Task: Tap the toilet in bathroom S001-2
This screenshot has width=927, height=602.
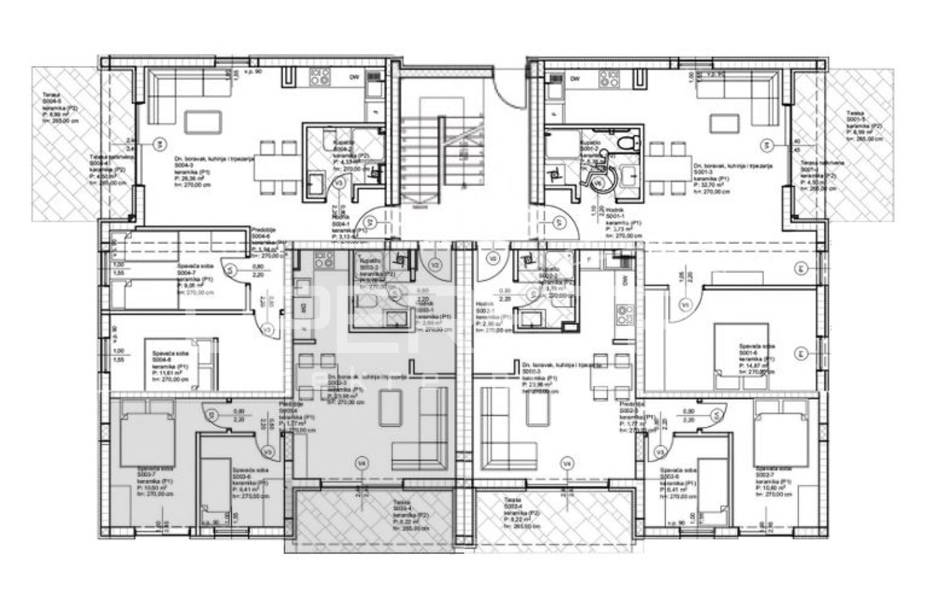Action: tap(630, 141)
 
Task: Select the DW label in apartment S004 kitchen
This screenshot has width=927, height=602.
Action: tap(354, 78)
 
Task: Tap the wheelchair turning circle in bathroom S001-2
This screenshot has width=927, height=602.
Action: tap(599, 180)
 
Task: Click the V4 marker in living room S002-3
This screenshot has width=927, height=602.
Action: tap(568, 463)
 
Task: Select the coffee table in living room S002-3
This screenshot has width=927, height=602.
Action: tap(538, 408)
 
